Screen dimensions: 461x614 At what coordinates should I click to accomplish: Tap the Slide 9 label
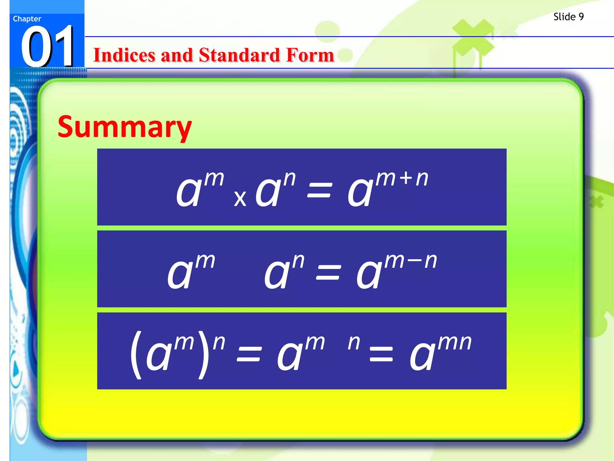[568, 17]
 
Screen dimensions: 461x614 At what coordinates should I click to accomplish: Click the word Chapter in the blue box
[27, 19]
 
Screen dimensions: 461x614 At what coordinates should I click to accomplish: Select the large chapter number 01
[47, 47]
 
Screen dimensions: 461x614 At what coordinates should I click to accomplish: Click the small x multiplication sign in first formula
[240, 199]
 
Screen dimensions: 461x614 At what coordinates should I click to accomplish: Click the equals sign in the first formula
[320, 191]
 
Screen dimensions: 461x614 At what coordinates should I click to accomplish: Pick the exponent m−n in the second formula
[411, 261]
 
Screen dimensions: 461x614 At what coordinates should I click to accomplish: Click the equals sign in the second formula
[329, 273]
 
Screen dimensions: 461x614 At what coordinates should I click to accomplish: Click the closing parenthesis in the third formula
[204, 355]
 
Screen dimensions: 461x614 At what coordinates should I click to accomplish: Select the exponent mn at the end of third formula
[455, 342]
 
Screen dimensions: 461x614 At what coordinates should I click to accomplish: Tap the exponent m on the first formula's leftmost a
[214, 179]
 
